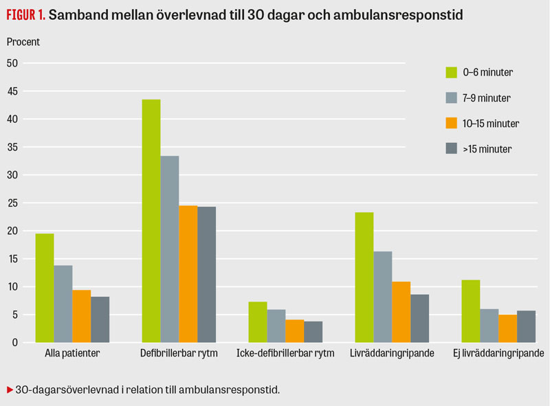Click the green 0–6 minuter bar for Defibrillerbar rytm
click(151, 221)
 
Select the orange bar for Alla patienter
click(82, 316)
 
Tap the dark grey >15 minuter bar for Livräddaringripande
click(419, 318)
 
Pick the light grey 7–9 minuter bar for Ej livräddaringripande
click(489, 326)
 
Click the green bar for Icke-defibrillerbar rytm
click(257, 322)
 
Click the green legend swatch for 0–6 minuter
click(452, 72)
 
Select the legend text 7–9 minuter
click(487, 98)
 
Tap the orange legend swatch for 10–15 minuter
click(452, 124)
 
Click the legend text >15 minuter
click(487, 148)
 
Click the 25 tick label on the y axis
click(14, 203)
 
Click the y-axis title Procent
click(23, 42)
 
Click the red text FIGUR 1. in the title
click(26, 14)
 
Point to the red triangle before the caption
click(10, 390)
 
